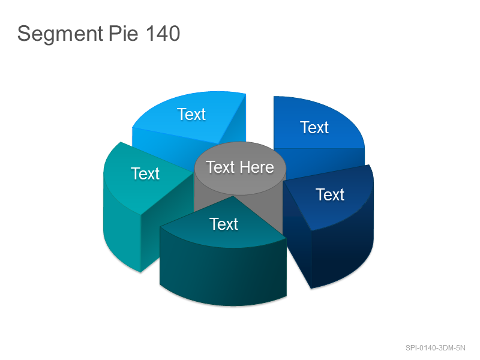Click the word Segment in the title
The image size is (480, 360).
(x=60, y=34)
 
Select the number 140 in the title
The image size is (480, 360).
(x=163, y=34)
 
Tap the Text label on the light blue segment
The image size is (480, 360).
(x=191, y=115)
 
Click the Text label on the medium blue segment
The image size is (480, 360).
(x=314, y=127)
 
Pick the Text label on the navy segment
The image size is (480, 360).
(x=330, y=194)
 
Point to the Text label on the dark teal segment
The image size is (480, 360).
(x=224, y=224)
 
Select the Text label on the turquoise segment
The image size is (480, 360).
(x=145, y=174)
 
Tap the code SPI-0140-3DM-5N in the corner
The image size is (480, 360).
(x=436, y=348)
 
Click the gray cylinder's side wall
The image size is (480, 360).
(x=208, y=196)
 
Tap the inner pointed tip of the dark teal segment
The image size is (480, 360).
(x=233, y=196)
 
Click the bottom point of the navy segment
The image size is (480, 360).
(x=311, y=288)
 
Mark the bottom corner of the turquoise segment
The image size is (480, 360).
(x=140, y=272)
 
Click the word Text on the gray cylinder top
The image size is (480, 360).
(x=220, y=167)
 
